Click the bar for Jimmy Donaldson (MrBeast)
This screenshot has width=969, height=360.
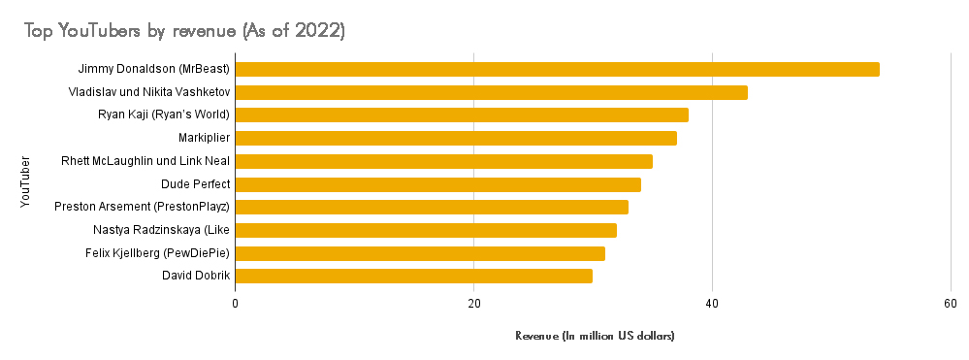pos(557,69)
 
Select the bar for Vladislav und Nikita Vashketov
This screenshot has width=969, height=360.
pos(491,92)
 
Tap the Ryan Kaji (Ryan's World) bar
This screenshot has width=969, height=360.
pos(462,115)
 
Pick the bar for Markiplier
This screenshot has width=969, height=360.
pos(456,138)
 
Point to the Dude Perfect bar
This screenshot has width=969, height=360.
pos(437,184)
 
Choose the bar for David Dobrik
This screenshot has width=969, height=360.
pos(413,276)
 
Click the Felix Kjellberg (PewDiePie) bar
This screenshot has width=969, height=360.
pos(420,253)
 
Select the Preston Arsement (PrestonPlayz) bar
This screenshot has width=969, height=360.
pos(432,207)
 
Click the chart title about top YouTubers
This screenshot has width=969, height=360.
pos(185,31)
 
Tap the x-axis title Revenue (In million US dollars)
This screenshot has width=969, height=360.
pos(595,336)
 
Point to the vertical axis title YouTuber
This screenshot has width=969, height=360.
pos(25,176)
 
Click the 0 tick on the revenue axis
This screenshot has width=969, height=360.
pos(236,304)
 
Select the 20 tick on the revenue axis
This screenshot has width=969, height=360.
pos(473,304)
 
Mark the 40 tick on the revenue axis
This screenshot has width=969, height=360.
pos(712,304)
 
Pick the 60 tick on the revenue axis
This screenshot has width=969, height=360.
pos(951,304)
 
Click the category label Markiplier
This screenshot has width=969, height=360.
pos(204,138)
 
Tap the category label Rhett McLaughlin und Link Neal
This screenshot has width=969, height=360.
pos(145,161)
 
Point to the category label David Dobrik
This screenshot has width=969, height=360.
pos(196,276)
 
